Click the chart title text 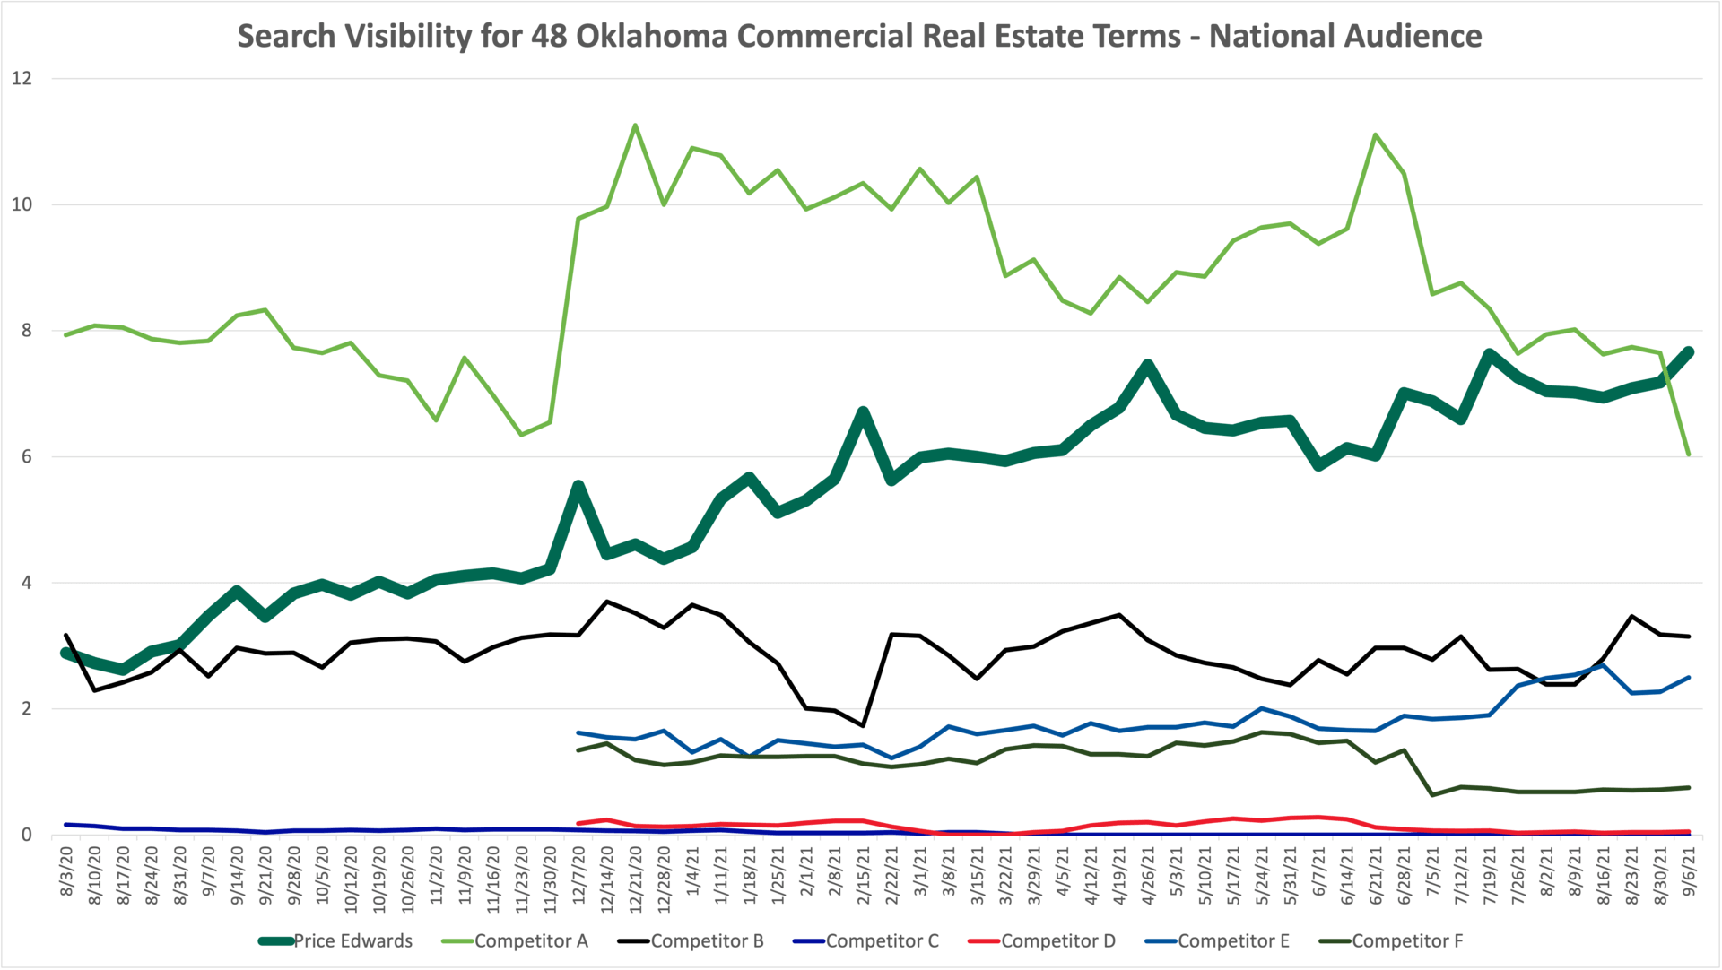[x=859, y=36]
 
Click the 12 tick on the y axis [x=22, y=79]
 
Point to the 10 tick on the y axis [x=22, y=204]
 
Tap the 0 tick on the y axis [x=27, y=835]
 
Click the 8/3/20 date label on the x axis [x=66, y=870]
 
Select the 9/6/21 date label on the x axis [x=1689, y=870]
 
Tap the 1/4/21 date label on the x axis [x=692, y=870]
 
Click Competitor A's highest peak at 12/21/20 [x=635, y=126]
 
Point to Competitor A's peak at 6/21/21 [x=1376, y=135]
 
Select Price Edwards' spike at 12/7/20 [x=578, y=485]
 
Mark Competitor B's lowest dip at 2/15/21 [x=863, y=725]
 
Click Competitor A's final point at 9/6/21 [x=1689, y=455]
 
